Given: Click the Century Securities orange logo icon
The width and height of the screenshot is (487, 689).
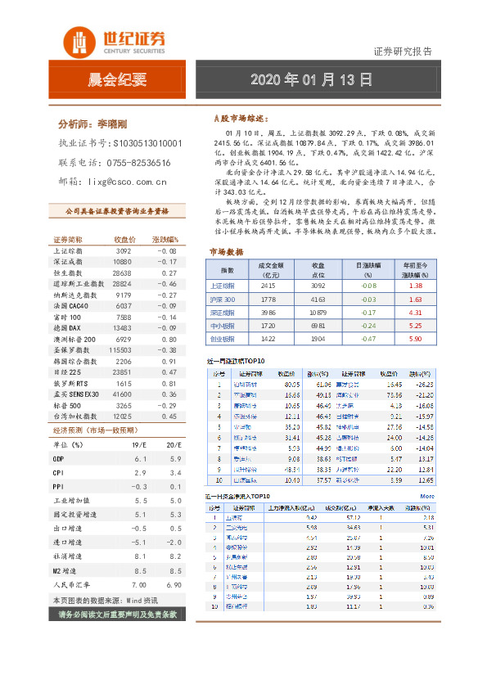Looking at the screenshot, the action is pyautogui.click(x=79, y=41).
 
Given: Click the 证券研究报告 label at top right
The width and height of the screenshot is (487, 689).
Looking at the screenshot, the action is pyautogui.click(x=403, y=52).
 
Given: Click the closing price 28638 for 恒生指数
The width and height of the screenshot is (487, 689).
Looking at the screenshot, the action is pyautogui.click(x=123, y=272).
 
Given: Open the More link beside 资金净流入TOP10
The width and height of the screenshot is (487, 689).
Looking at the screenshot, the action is pyautogui.click(x=427, y=496).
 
